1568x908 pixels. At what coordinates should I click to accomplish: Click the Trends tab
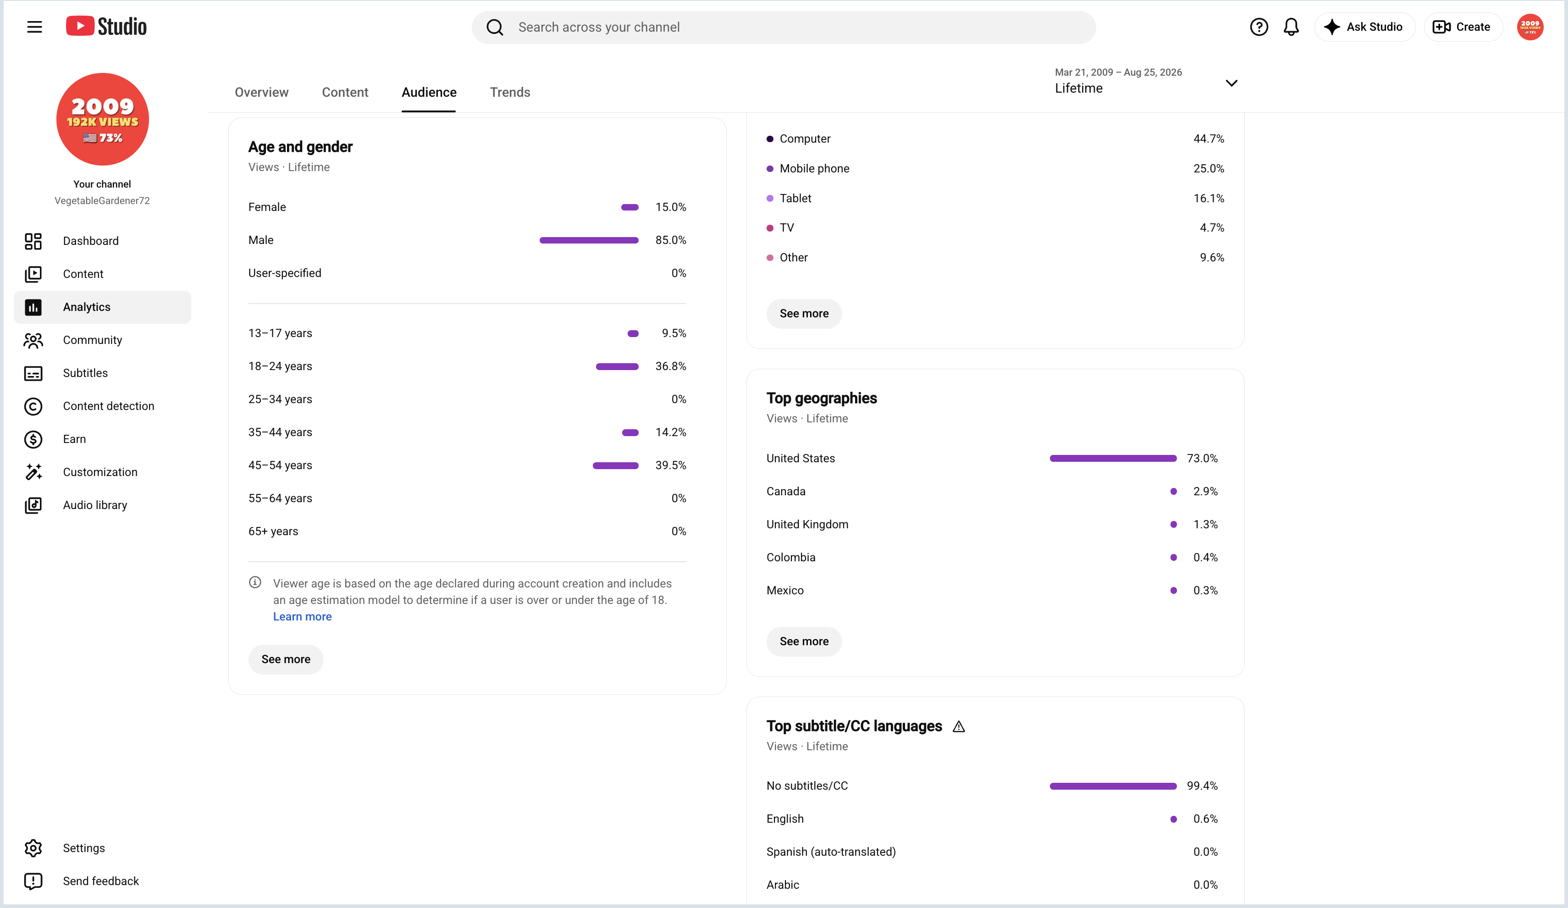pyautogui.click(x=510, y=92)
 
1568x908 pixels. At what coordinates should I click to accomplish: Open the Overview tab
pyautogui.click(x=261, y=92)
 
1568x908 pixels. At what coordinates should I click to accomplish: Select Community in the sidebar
pyautogui.click(x=92, y=340)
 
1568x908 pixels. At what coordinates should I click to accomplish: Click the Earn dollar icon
pyautogui.click(x=33, y=439)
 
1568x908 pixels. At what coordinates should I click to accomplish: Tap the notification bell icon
pyautogui.click(x=1291, y=27)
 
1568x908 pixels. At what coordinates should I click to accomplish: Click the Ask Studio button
pyautogui.click(x=1364, y=27)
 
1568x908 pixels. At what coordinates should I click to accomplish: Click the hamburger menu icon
pyautogui.click(x=35, y=27)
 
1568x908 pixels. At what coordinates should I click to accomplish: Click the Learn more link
pyautogui.click(x=303, y=617)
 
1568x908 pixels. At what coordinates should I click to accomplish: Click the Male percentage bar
pyautogui.click(x=589, y=240)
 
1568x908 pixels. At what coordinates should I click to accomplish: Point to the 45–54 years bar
pyautogui.click(x=615, y=465)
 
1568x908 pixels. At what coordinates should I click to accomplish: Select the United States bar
pyautogui.click(x=1113, y=459)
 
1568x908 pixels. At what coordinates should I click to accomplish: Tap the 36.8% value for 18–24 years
pyautogui.click(x=671, y=366)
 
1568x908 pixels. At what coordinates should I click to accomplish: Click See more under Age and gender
pyautogui.click(x=286, y=659)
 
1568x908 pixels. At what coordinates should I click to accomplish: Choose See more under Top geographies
pyautogui.click(x=804, y=642)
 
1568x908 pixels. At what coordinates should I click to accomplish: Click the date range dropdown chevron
pyautogui.click(x=1231, y=83)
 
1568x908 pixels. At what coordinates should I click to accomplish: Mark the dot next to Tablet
pyautogui.click(x=770, y=199)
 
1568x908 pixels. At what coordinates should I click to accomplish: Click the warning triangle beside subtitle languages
pyautogui.click(x=959, y=726)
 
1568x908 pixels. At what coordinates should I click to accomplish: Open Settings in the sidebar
pyautogui.click(x=83, y=848)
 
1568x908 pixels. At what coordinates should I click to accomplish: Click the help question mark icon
pyautogui.click(x=1259, y=27)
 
